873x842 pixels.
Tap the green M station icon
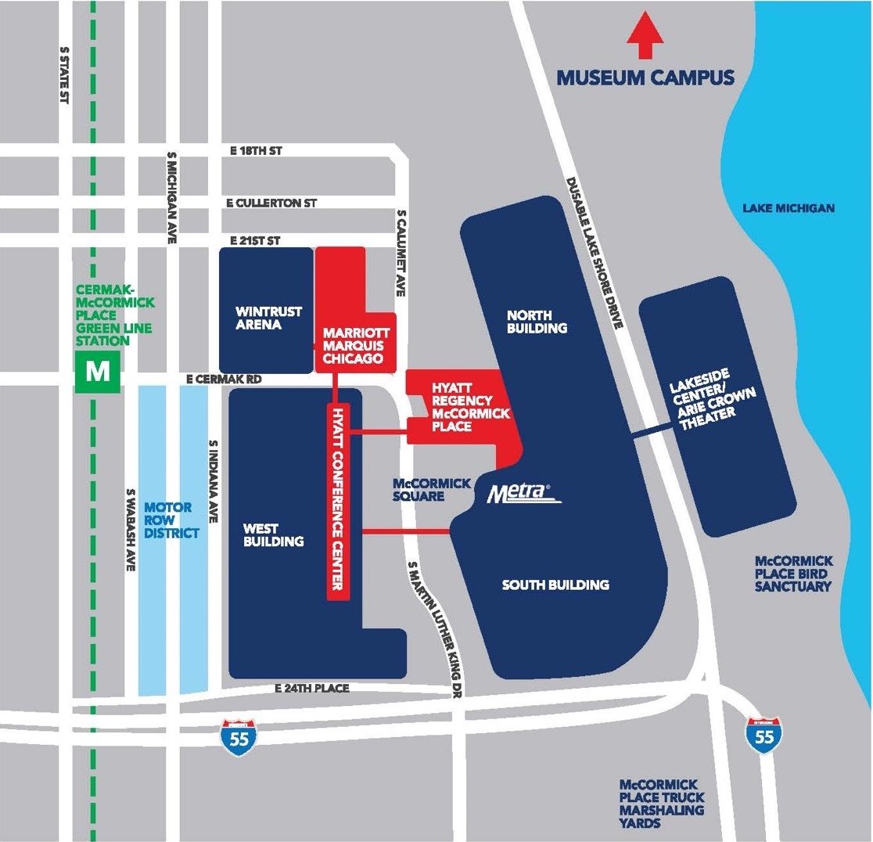(98, 370)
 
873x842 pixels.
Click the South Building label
(555, 585)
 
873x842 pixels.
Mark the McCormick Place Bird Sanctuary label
(793, 574)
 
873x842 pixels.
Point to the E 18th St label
(256, 151)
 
